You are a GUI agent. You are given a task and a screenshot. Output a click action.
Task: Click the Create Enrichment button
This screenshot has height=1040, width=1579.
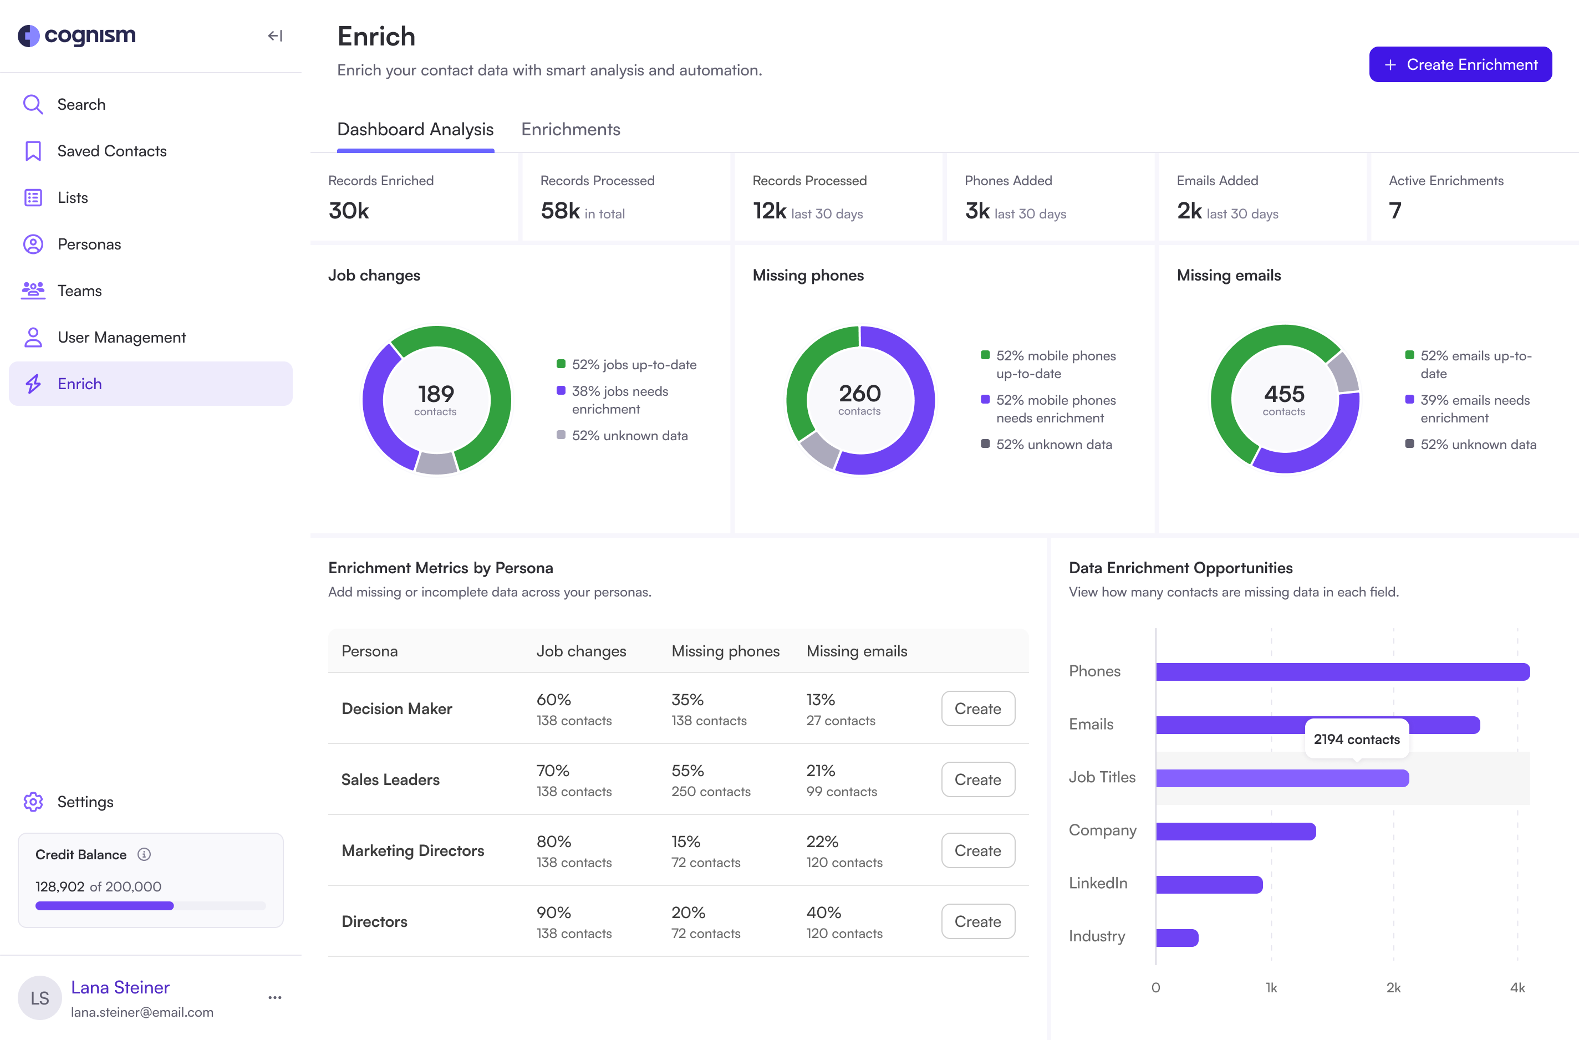coord(1460,64)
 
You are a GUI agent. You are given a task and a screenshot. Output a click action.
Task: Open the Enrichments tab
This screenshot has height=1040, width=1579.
coord(571,129)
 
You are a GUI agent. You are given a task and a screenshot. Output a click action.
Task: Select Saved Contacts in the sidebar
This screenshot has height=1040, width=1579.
coord(111,151)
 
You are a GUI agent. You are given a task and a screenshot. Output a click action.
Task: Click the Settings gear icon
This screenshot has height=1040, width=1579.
coord(33,802)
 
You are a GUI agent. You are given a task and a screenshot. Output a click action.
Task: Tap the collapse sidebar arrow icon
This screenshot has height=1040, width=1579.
coord(274,36)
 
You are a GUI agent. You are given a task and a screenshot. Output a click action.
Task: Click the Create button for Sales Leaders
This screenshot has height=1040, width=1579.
coord(977,779)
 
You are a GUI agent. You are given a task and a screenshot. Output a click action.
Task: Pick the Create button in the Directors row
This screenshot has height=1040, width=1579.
coord(977,921)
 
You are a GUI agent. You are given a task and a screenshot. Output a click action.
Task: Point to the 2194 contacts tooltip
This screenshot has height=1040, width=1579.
coord(1356,739)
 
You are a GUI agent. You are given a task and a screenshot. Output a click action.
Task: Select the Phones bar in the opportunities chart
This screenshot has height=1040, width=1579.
coord(1342,672)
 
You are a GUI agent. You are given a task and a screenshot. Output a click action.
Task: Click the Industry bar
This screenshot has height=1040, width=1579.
coord(1176,937)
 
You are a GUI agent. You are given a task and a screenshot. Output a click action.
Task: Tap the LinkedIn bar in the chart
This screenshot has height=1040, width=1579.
coord(1208,884)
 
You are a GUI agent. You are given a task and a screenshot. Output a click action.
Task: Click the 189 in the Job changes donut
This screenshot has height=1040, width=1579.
coord(436,395)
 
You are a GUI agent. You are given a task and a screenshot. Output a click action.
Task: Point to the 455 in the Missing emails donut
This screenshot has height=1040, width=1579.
coord(1283,395)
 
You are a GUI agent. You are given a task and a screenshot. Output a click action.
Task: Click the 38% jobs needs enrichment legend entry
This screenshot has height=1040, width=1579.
coord(620,400)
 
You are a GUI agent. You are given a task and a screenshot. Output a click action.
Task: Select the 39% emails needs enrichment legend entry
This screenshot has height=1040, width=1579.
coord(1474,409)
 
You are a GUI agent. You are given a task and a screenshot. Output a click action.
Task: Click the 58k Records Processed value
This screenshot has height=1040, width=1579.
coord(560,211)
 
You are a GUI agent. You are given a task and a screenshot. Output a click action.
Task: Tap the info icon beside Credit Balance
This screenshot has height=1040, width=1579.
coord(144,854)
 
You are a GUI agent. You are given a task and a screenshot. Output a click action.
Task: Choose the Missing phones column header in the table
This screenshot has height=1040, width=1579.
coord(725,651)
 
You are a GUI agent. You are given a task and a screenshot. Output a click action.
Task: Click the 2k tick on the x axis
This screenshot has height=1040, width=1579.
coord(1393,987)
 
